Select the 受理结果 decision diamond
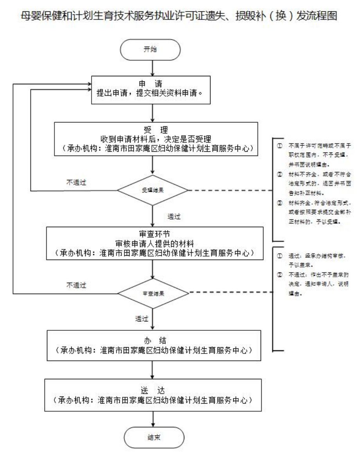pos(153,191)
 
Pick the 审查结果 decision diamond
pos(153,293)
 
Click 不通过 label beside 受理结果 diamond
pos(77,181)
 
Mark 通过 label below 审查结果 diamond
pos(141,318)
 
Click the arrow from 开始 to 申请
pos(152,67)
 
